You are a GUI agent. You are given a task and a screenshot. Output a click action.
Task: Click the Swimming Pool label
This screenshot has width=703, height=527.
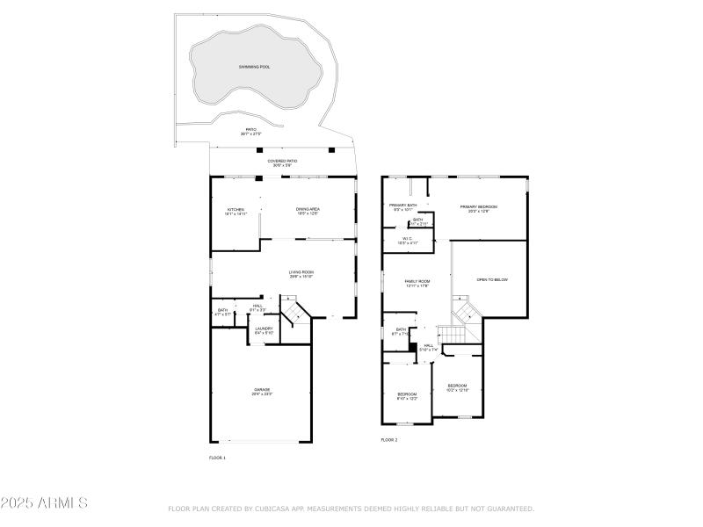pyautogui.click(x=255, y=67)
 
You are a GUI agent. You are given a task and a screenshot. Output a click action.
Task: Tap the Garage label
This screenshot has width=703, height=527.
pyautogui.click(x=263, y=390)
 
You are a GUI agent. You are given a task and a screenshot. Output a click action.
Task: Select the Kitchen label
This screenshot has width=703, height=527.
pyautogui.click(x=236, y=209)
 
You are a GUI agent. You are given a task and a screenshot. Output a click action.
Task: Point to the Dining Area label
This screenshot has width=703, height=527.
pyautogui.click(x=308, y=209)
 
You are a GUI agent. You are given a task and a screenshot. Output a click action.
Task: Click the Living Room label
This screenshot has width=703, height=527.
pyautogui.click(x=301, y=272)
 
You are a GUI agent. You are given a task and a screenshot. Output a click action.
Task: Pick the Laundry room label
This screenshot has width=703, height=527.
pyautogui.click(x=264, y=328)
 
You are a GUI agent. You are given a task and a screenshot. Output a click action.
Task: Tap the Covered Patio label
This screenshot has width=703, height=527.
pyautogui.click(x=281, y=161)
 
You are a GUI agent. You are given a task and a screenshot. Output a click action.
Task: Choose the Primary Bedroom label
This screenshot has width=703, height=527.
pyautogui.click(x=479, y=206)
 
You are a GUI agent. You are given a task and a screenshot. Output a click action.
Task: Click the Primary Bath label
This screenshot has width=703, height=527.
pyautogui.click(x=402, y=206)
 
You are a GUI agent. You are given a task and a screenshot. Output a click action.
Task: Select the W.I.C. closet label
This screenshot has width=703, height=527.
pyautogui.click(x=408, y=238)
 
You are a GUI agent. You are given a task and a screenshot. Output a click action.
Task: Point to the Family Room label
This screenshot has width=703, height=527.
pyautogui.click(x=417, y=282)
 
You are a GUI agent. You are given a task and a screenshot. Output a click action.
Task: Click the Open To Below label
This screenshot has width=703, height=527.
pyautogui.click(x=492, y=279)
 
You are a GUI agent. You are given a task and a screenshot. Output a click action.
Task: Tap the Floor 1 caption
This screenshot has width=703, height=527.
pyautogui.click(x=217, y=458)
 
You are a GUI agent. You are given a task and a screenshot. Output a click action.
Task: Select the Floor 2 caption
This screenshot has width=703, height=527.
pyautogui.click(x=388, y=439)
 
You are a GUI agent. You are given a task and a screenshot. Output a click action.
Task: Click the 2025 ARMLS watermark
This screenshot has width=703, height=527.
pyautogui.click(x=44, y=503)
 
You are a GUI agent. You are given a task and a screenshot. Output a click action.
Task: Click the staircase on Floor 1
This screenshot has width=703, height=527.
pyautogui.click(x=296, y=311)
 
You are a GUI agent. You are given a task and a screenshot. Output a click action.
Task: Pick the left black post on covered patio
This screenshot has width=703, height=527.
pyautogui.click(x=259, y=149)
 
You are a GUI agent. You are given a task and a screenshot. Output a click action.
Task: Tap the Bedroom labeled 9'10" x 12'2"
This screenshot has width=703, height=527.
pyautogui.click(x=407, y=394)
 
